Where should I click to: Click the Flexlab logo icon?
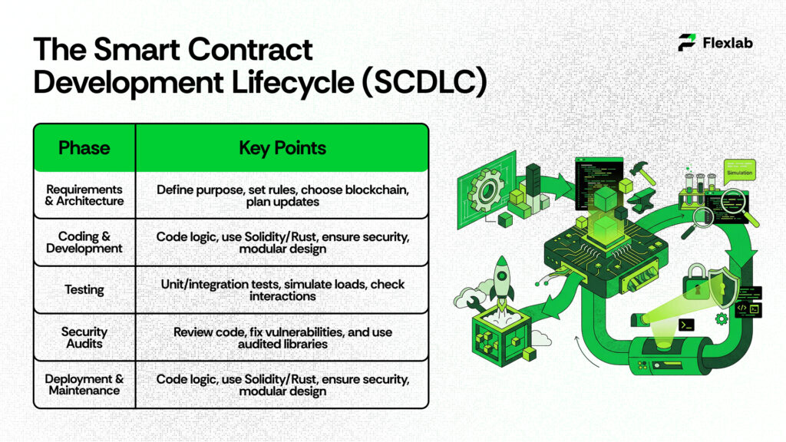(687, 42)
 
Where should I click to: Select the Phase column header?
(84, 147)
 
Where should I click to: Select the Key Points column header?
(282, 147)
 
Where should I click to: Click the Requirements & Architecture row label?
(84, 195)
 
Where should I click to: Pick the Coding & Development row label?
(84, 242)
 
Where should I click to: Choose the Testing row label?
(84, 290)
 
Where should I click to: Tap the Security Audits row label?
(84, 338)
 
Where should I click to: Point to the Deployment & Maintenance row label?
(84, 384)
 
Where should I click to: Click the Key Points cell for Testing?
(282, 290)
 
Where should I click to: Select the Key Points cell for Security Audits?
(282, 338)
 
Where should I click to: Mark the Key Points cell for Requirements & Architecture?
(282, 195)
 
